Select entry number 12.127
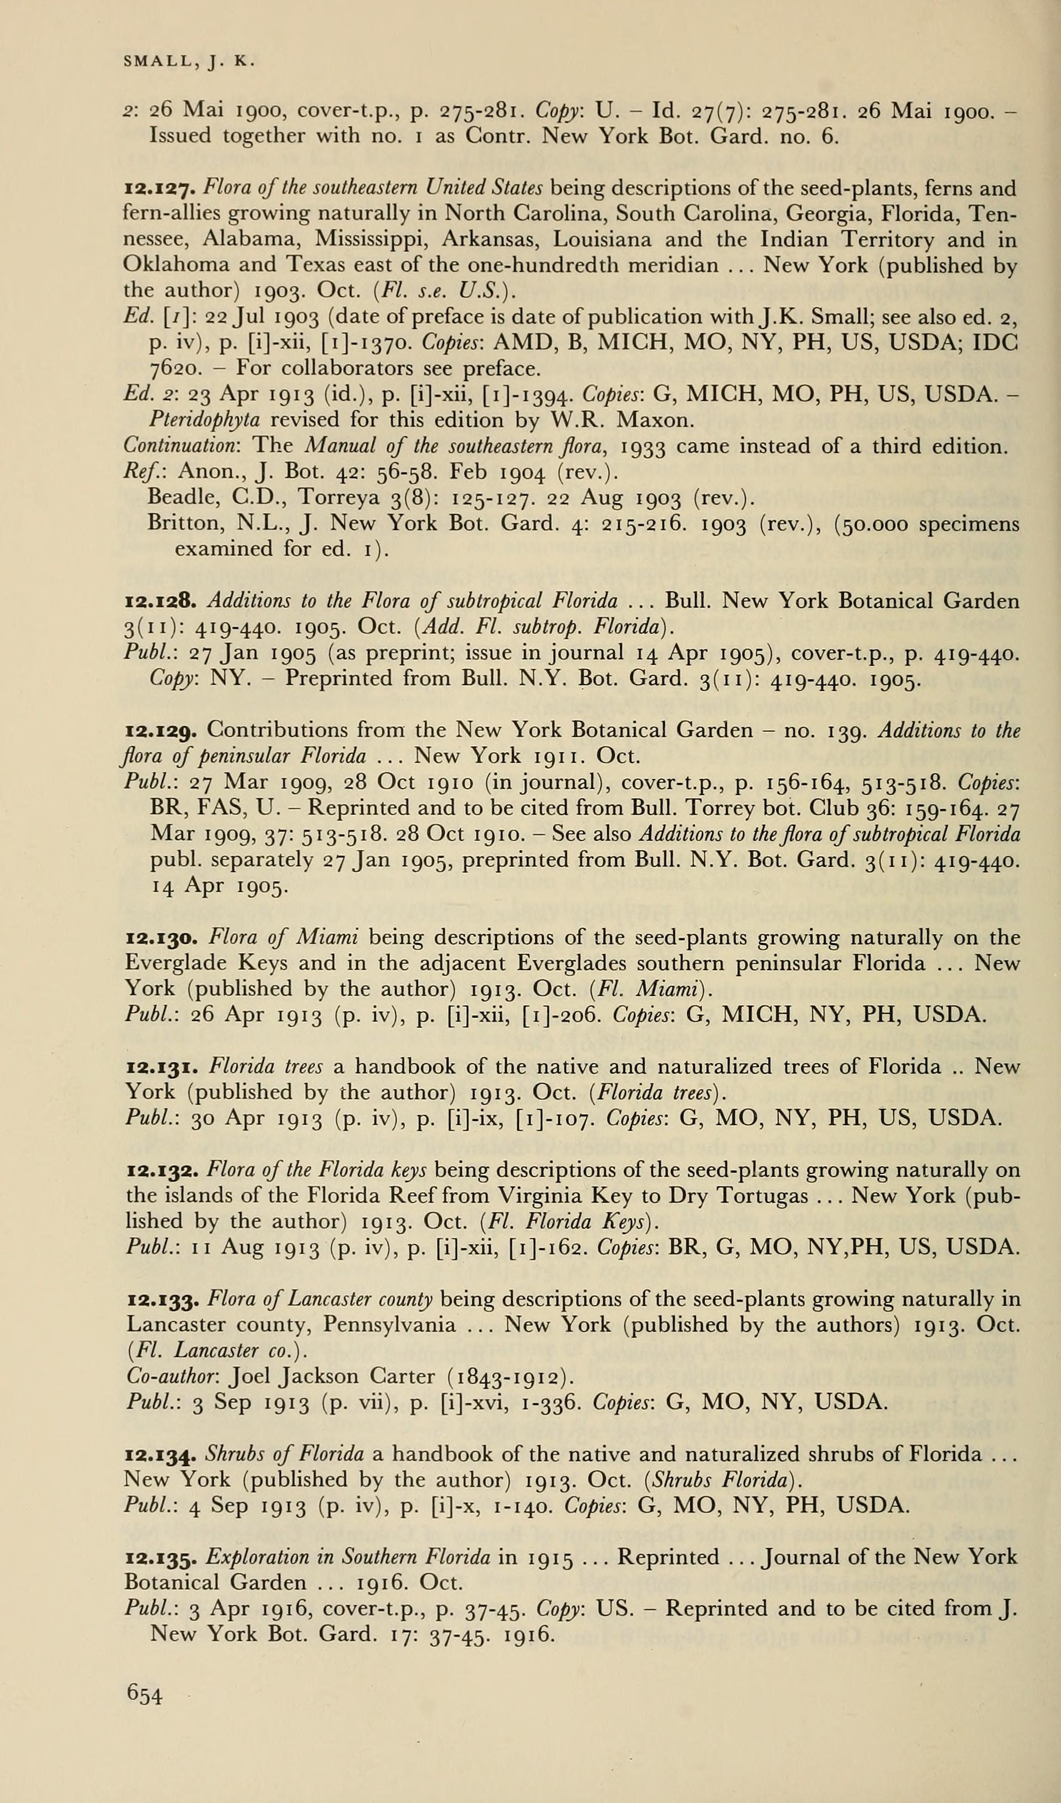[x=160, y=190]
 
